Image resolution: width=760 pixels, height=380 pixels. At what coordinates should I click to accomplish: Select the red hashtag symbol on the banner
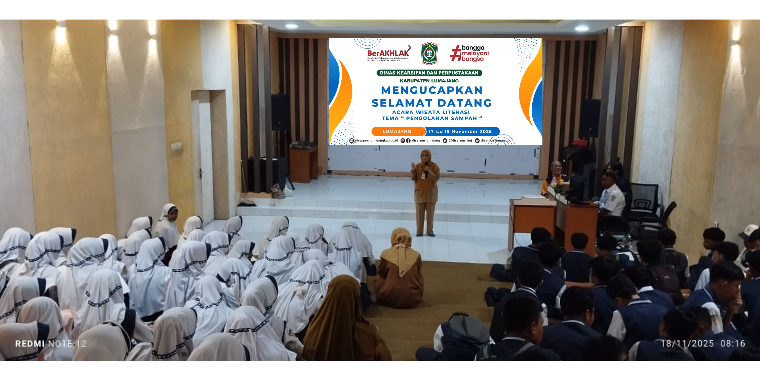tap(455, 53)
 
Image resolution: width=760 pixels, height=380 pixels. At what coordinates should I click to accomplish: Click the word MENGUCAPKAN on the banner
tap(432, 90)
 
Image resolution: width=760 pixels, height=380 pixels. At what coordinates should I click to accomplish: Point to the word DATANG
tap(464, 103)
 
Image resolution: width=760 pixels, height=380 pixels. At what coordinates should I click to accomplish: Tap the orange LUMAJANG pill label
tap(397, 131)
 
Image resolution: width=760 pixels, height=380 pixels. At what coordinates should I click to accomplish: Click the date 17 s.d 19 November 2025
tap(460, 131)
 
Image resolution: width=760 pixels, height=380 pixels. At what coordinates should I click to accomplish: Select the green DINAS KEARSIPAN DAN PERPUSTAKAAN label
tap(429, 73)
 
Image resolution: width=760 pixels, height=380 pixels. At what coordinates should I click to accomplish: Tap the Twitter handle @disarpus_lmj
tap(460, 140)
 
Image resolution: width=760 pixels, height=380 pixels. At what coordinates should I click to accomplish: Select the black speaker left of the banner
tap(280, 112)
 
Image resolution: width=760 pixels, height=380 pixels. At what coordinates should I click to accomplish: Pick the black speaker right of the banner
tap(589, 118)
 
